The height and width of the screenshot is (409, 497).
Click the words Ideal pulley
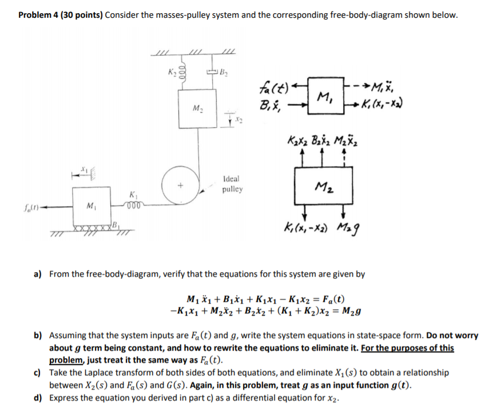click(x=233, y=183)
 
